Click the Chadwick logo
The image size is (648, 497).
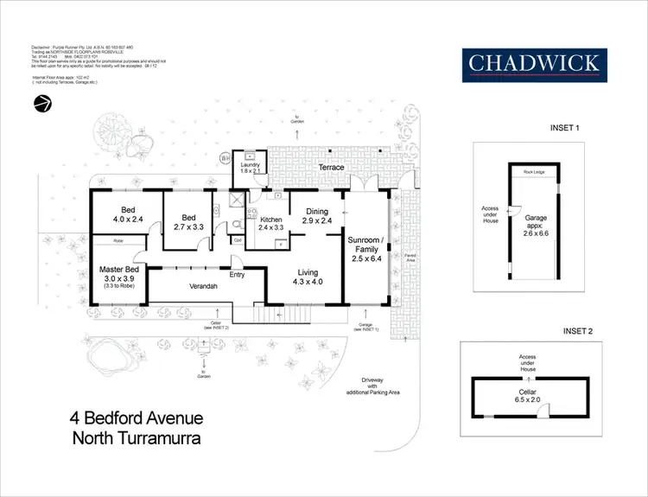click(533, 63)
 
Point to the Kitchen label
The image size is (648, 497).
click(270, 220)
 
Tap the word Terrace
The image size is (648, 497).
click(330, 167)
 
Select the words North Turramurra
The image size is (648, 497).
click(136, 438)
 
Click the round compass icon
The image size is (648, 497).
click(41, 105)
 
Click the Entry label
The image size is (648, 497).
click(237, 276)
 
